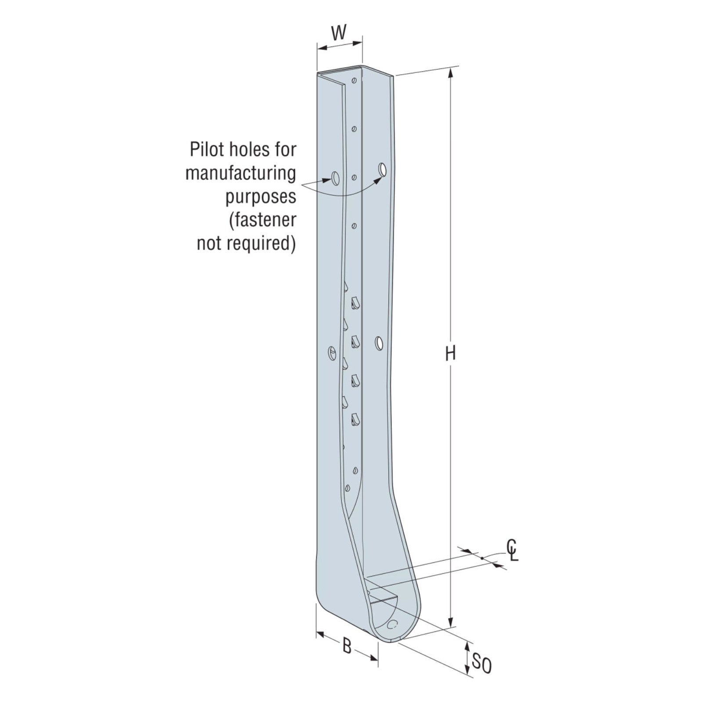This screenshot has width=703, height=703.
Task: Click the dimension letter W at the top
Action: click(338, 33)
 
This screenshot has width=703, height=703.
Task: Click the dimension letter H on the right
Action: click(450, 353)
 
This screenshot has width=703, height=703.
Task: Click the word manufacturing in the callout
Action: click(241, 173)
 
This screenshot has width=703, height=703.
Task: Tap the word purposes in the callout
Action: click(261, 196)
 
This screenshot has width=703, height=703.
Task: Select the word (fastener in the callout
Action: click(262, 220)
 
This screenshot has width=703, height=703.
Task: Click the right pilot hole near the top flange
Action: click(383, 169)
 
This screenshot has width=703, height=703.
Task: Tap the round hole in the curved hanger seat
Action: click(394, 624)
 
